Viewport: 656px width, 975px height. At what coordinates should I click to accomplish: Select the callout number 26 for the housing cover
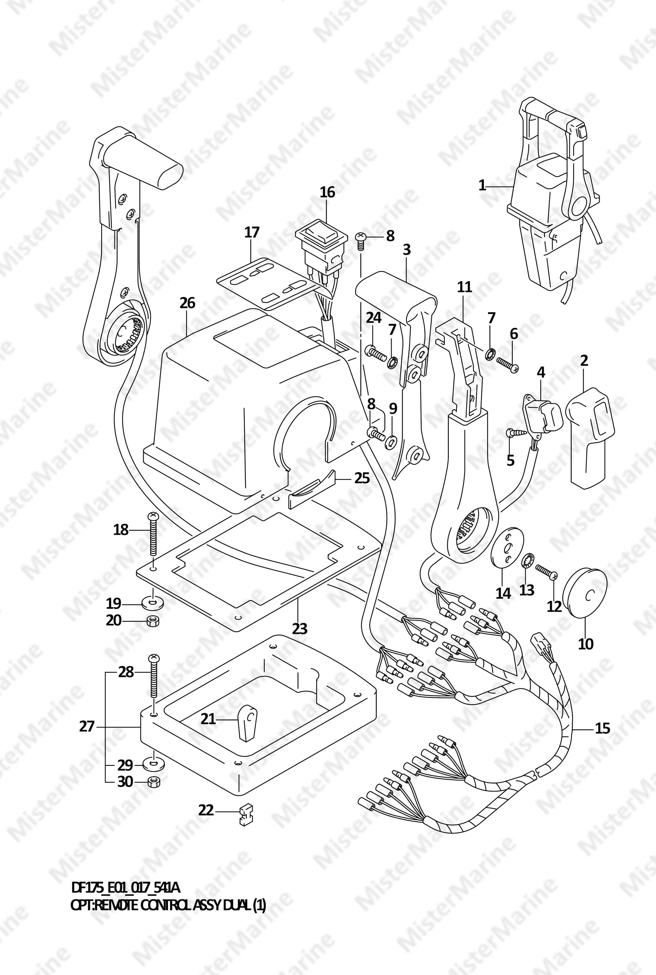(x=187, y=303)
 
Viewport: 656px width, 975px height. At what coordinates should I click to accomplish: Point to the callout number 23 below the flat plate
(x=300, y=629)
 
